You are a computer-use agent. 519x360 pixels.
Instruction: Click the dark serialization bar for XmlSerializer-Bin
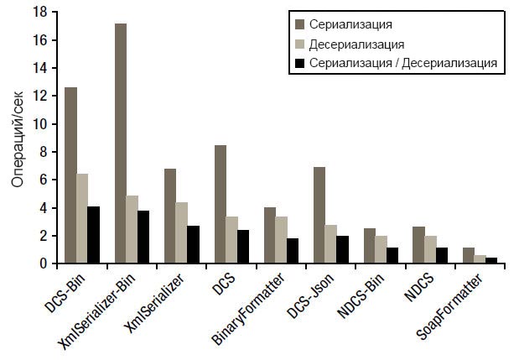pyautogui.click(x=121, y=143)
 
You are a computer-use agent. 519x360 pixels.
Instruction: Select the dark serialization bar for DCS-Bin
pyautogui.click(x=70, y=175)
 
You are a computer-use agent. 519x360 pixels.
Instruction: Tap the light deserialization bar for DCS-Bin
pyautogui.click(x=82, y=218)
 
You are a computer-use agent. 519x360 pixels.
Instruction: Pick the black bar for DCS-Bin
pyautogui.click(x=94, y=235)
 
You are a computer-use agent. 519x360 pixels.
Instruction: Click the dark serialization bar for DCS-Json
pyautogui.click(x=319, y=215)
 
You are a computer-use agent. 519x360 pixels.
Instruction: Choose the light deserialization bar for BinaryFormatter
pyautogui.click(x=282, y=240)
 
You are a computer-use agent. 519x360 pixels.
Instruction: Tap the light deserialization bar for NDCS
pyautogui.click(x=431, y=250)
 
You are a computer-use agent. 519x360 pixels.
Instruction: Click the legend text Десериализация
pyautogui.click(x=357, y=44)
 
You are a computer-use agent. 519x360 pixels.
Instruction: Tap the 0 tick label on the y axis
pyautogui.click(x=42, y=263)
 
